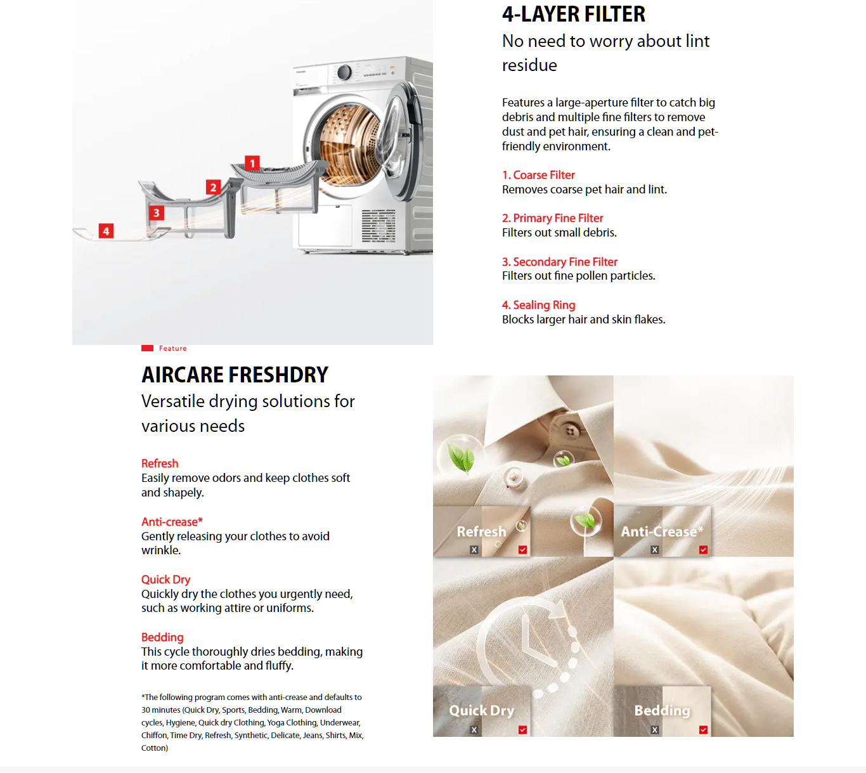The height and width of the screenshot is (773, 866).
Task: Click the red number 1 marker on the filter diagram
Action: (x=252, y=164)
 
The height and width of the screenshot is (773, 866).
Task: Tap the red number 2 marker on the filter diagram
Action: (x=213, y=187)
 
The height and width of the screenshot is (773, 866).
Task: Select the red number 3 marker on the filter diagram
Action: (x=156, y=213)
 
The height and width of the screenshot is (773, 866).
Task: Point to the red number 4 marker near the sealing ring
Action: (x=106, y=231)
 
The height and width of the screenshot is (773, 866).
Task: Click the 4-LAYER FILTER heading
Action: (x=573, y=14)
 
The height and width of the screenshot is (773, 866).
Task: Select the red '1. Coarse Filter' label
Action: (x=538, y=175)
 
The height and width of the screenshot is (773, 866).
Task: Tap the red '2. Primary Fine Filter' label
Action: (x=552, y=218)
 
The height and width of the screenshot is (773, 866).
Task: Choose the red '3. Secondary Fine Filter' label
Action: (x=559, y=262)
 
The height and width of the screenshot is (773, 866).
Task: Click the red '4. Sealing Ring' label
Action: (x=538, y=305)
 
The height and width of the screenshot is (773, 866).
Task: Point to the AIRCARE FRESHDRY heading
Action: (x=235, y=375)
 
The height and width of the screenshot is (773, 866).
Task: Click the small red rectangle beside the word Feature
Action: (x=148, y=348)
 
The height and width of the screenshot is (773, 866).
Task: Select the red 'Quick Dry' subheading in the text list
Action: (x=165, y=580)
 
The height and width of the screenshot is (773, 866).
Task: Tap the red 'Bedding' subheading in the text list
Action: (x=162, y=637)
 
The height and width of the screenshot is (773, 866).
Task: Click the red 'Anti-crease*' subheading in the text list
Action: (x=172, y=522)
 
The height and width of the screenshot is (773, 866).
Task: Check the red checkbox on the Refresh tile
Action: (x=522, y=550)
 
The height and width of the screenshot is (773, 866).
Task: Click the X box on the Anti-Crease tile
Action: (x=655, y=550)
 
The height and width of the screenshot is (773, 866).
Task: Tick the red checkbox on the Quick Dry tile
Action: (x=522, y=730)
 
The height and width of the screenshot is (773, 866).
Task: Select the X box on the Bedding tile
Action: (x=655, y=730)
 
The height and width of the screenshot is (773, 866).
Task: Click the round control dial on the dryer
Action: (x=344, y=72)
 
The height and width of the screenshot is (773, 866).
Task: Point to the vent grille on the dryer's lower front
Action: (x=378, y=226)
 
